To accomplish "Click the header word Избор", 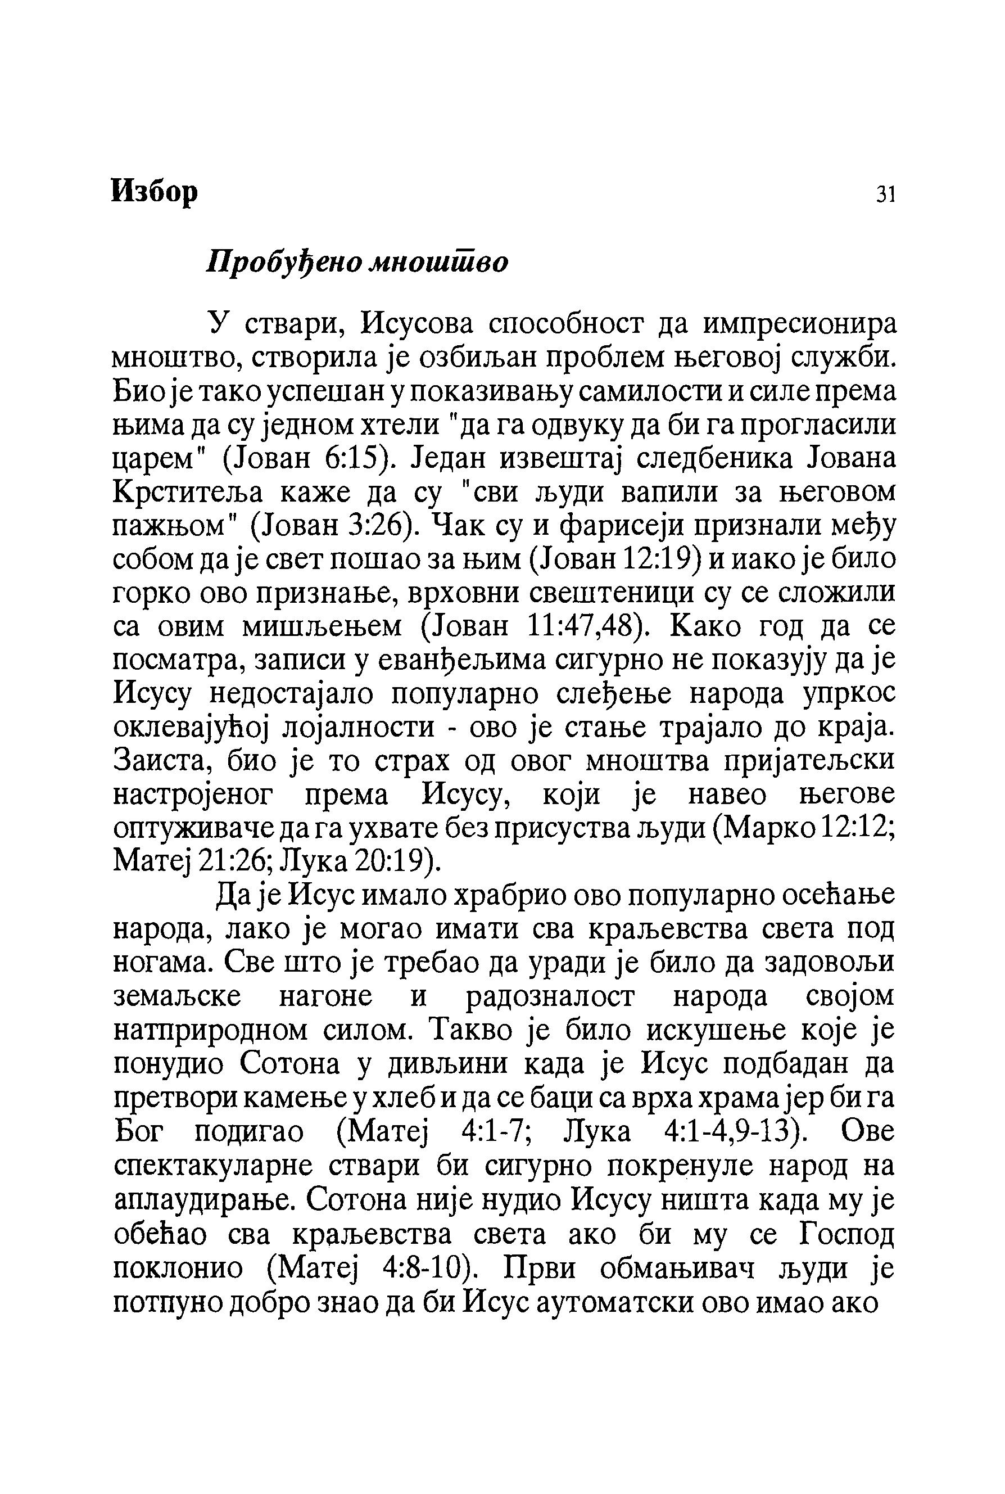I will pyautogui.click(x=155, y=191).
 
